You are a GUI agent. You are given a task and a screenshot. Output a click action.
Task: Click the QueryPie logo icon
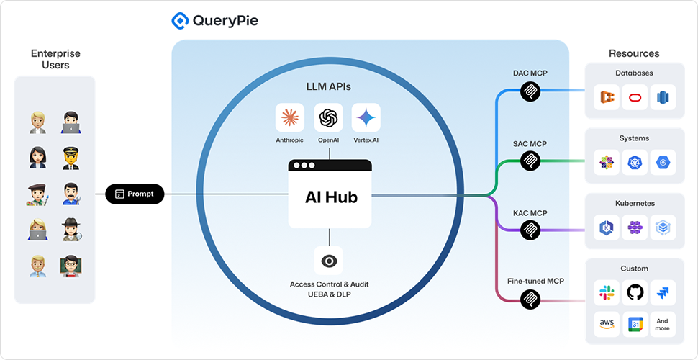[x=180, y=20]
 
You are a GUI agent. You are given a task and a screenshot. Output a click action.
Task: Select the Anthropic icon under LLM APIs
[x=289, y=117]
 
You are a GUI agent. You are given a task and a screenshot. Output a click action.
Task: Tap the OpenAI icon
[x=329, y=117]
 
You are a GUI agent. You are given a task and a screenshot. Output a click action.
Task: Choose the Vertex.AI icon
[x=366, y=117]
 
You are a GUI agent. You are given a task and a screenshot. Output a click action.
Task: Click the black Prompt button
[x=135, y=194]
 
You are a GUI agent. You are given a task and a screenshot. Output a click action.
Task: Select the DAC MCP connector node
[x=530, y=91]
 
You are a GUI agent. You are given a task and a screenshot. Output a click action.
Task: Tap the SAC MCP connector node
[x=530, y=160]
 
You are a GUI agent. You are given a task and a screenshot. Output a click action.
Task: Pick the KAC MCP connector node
[x=530, y=230]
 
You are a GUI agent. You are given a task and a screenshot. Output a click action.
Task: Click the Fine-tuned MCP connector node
[x=530, y=298]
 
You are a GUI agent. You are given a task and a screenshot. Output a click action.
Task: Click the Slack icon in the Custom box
[x=607, y=292]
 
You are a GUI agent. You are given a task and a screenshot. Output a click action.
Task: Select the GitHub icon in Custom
[x=635, y=292]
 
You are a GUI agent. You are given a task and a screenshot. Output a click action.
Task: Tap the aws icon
[x=607, y=325]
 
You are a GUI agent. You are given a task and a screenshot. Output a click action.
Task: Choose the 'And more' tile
[x=662, y=325]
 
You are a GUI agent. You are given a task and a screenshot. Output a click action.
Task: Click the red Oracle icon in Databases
[x=635, y=98]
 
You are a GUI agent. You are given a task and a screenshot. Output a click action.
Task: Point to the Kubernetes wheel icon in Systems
[x=635, y=163]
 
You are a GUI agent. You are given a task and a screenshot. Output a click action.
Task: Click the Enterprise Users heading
[x=55, y=59]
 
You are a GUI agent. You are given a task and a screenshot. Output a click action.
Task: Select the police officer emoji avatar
[x=70, y=156]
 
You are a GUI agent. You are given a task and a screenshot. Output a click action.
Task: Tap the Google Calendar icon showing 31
[x=635, y=325]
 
